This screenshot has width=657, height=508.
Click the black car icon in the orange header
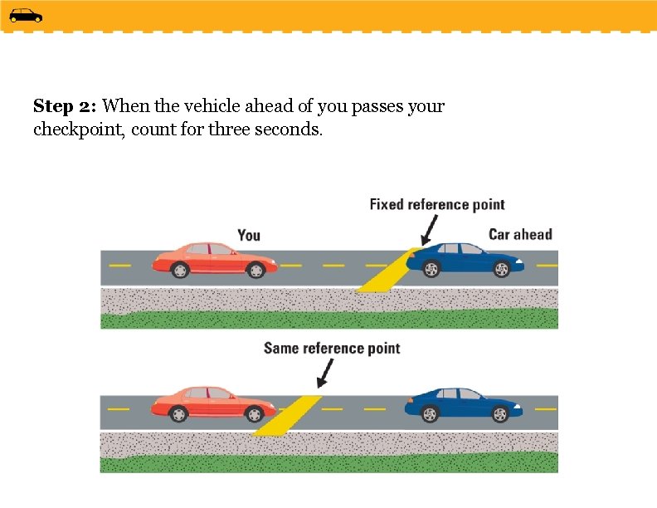(x=26, y=15)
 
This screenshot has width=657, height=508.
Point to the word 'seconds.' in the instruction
(x=290, y=129)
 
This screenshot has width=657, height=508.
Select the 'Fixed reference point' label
(x=437, y=204)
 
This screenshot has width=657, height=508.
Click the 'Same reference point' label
(x=332, y=349)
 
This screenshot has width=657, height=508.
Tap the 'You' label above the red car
(x=249, y=236)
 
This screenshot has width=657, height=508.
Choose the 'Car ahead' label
(x=520, y=235)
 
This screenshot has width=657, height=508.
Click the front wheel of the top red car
(x=256, y=270)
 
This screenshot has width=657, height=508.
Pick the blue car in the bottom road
(x=463, y=404)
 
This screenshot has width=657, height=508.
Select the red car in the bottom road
(x=213, y=404)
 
